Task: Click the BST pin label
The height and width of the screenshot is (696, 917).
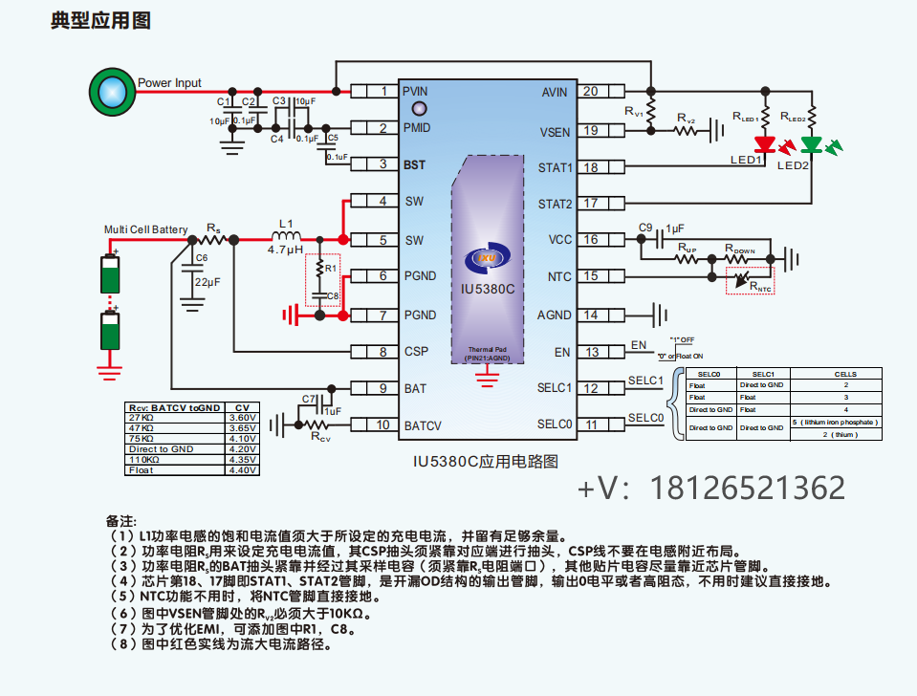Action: [x=414, y=164]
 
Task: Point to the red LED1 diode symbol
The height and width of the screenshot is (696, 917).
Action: [x=764, y=144]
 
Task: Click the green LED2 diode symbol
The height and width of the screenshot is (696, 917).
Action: [x=811, y=144]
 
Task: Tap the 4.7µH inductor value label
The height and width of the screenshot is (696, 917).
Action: [x=286, y=250]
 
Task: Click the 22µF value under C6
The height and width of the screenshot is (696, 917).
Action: [x=207, y=282]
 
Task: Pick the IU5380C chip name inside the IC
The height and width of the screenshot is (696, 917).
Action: [x=488, y=289]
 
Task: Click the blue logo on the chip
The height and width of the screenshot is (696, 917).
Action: [x=488, y=258]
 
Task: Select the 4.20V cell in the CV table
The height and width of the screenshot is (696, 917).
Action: [x=242, y=449]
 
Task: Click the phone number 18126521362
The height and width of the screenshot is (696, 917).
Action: [x=748, y=488]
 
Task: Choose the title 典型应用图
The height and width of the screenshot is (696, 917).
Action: [x=101, y=21]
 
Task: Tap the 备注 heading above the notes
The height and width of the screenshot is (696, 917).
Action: [x=121, y=521]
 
